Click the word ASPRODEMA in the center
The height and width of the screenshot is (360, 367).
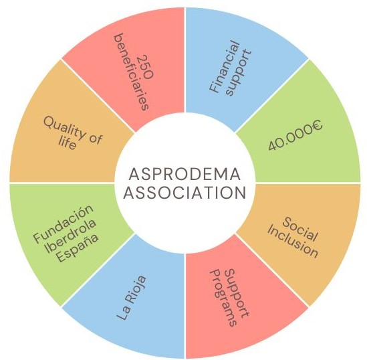pyautogui.click(x=185, y=174)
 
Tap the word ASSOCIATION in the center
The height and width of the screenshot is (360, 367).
pyautogui.click(x=185, y=193)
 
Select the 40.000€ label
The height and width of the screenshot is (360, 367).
pyautogui.click(x=295, y=135)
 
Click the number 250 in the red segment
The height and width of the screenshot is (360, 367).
pyautogui.click(x=146, y=66)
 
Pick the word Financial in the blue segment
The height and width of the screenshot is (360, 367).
pyautogui.click(x=225, y=67)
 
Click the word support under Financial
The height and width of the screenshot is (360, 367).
pyautogui.click(x=239, y=73)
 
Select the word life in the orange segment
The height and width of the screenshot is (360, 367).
pyautogui.click(x=67, y=143)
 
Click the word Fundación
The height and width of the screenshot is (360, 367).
pyautogui.click(x=64, y=224)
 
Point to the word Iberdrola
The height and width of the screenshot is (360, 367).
pyautogui.click(x=71, y=236)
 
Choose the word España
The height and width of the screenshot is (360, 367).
pyautogui.click(x=78, y=248)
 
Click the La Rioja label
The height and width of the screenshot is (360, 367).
pyautogui.click(x=132, y=298)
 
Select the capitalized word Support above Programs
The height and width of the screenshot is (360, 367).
pyautogui.click(x=237, y=293)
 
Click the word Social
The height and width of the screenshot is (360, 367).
pyautogui.click(x=300, y=229)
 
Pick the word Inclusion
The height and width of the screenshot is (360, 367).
pyautogui.click(x=293, y=242)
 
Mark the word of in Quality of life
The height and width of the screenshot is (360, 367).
pyautogui.click(x=96, y=139)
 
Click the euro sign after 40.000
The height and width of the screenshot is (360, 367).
pyautogui.click(x=316, y=125)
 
